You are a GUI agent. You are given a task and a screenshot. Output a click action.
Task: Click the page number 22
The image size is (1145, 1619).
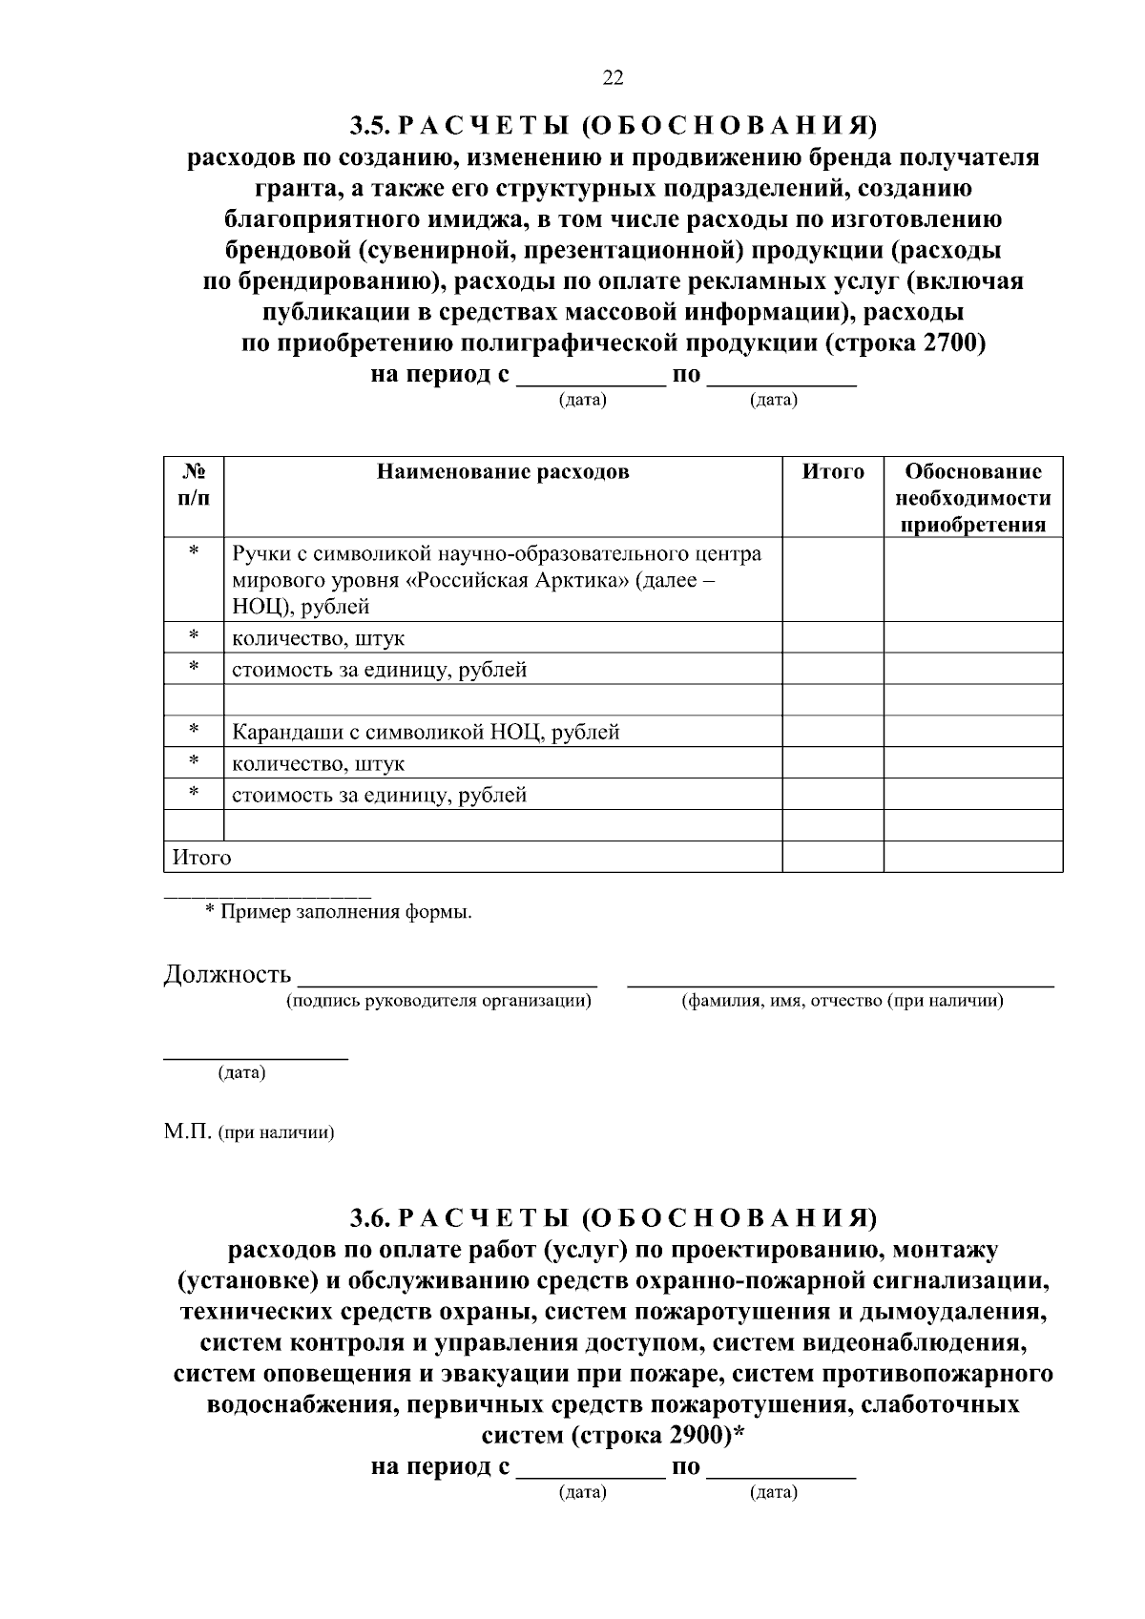point(613,78)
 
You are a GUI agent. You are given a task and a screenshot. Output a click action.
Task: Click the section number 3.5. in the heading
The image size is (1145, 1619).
point(368,126)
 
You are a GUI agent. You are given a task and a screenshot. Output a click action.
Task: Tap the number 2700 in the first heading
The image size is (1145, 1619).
point(949,343)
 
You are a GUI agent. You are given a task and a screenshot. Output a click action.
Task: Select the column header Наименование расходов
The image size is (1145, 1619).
point(503,472)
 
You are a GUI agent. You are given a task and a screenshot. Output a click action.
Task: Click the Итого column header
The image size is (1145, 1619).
point(832,472)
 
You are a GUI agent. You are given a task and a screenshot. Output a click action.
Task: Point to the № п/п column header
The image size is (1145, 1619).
point(194,485)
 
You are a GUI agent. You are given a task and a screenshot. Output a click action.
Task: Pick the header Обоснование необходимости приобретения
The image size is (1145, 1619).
point(972,498)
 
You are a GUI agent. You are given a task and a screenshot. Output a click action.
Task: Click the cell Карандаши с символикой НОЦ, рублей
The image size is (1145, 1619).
point(426,733)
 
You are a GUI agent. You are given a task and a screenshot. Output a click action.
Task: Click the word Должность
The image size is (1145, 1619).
point(227,975)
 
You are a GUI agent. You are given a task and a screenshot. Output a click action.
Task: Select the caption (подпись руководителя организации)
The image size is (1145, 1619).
point(439,1001)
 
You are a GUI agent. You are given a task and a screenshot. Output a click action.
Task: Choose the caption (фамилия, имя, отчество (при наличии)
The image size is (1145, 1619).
point(841,1001)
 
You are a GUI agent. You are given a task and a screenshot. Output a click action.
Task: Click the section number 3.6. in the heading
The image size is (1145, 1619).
point(368,1218)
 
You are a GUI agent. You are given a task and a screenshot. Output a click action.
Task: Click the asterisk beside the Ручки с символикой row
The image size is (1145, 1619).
point(194,552)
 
